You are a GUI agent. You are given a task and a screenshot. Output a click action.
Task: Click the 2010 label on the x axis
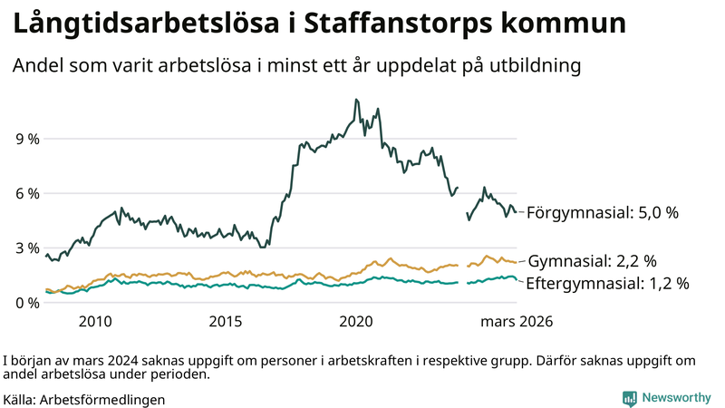pyautogui.click(x=95, y=321)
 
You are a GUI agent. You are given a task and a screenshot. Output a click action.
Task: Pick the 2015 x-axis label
pyautogui.click(x=226, y=321)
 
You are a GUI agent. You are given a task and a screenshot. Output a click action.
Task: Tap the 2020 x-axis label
pyautogui.click(x=356, y=321)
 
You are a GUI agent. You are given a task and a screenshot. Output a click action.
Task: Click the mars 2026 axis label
pyautogui.click(x=517, y=321)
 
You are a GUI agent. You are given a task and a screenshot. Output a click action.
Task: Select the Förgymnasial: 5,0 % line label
pyautogui.click(x=602, y=213)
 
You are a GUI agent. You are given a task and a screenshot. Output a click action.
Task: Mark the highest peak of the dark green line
pyautogui.click(x=356, y=100)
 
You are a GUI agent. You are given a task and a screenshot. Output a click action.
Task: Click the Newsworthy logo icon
pyautogui.click(x=629, y=398)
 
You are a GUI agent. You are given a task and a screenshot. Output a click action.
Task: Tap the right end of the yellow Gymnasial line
pyautogui.click(x=516, y=262)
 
